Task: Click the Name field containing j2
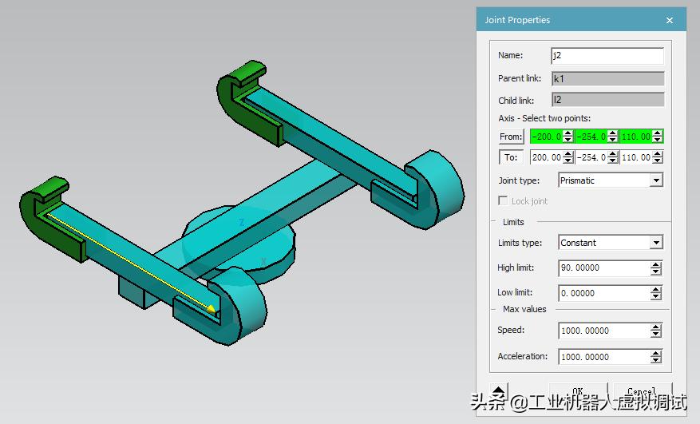coord(607,56)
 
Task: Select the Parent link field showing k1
coord(607,78)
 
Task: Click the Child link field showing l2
coord(607,100)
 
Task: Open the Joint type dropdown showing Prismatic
coord(611,180)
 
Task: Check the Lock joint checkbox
coord(503,201)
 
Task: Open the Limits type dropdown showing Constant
coord(611,243)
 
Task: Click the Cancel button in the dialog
coord(641,390)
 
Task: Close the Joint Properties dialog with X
coord(670,20)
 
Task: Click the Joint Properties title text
coord(517,20)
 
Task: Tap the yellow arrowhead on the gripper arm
coord(211,308)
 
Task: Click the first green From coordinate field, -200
coord(546,137)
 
